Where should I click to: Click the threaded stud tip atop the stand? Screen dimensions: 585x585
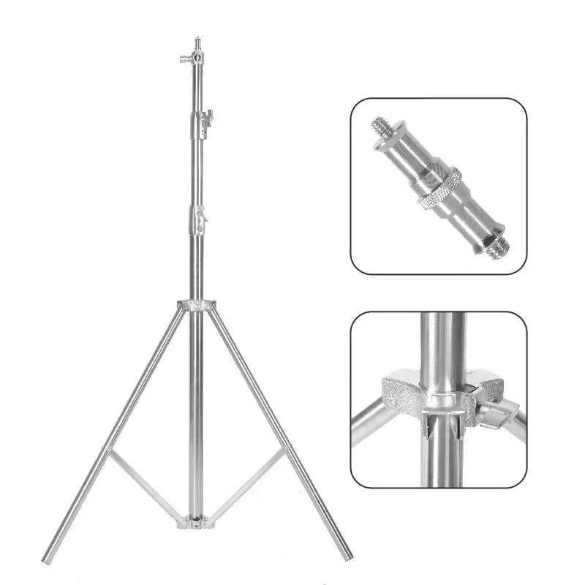(x=196, y=42)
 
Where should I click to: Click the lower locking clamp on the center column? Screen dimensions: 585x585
(x=198, y=216)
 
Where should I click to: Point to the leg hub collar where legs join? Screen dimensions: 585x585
(x=196, y=305)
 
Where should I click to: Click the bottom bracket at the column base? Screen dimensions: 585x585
(x=196, y=522)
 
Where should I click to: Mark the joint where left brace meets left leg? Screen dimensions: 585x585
(x=110, y=452)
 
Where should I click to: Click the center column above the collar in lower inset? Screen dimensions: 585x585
(x=442, y=344)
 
